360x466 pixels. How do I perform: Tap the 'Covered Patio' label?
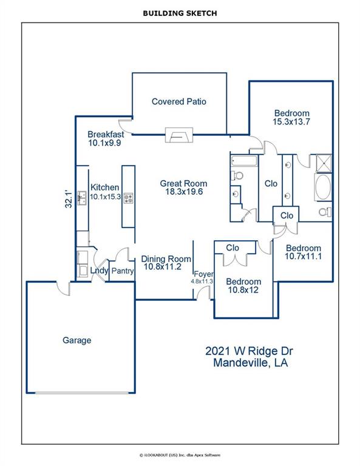[x=179, y=101]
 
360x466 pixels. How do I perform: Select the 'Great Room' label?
[x=183, y=183]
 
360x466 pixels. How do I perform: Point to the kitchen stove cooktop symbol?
[x=128, y=197]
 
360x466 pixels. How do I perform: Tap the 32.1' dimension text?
[x=69, y=200]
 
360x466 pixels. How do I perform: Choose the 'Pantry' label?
[x=122, y=271]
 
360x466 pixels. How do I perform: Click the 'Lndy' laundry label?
[x=98, y=271]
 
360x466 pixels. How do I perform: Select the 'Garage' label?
[x=77, y=340]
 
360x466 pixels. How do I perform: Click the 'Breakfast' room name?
[x=106, y=134]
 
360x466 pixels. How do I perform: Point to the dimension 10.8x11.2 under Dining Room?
[x=162, y=266]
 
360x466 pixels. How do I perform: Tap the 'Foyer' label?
[x=203, y=274]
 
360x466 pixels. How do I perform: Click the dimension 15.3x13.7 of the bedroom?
[x=291, y=121]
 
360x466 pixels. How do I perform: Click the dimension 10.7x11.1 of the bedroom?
[x=304, y=257]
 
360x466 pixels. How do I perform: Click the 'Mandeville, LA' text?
[x=250, y=363]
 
